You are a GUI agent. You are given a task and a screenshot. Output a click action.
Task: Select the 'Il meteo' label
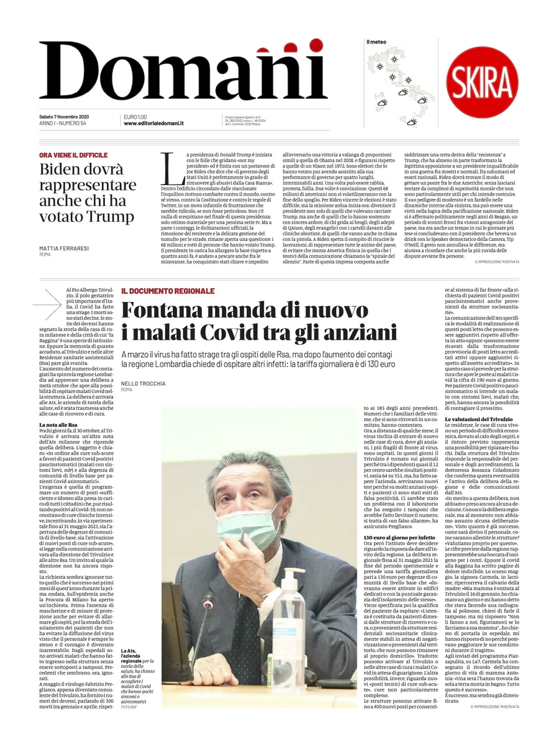click(376, 42)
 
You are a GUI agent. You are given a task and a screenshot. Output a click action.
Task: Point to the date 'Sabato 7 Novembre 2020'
click(64, 117)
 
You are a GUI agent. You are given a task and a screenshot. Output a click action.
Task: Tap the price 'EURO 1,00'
click(135, 117)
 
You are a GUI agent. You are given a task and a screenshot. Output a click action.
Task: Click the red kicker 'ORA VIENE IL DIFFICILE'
click(73, 155)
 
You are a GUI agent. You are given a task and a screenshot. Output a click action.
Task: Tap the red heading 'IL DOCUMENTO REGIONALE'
click(168, 291)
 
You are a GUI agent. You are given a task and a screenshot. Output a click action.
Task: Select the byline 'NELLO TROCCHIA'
click(143, 384)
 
